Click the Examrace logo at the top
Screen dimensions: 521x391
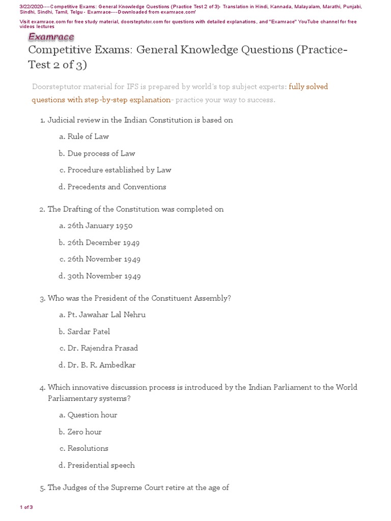51,37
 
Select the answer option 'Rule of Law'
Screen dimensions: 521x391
88,136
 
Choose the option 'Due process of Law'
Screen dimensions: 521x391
101,153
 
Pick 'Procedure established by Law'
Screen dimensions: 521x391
119,170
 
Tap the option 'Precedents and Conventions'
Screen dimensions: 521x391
117,187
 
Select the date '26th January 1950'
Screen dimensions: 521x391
100,225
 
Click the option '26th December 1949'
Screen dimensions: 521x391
103,243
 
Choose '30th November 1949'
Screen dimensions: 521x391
104,276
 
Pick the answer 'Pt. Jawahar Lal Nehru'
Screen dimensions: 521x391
106,314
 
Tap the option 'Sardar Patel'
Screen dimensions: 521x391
89,332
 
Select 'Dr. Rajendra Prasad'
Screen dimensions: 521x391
102,348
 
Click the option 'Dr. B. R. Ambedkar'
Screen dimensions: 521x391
101,365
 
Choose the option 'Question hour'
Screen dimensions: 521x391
92,415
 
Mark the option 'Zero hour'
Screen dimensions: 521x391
85,431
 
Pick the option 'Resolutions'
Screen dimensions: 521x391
88,448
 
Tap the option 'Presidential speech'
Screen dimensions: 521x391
101,465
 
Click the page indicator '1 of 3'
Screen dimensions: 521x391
26,507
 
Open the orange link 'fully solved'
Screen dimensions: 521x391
309,86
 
